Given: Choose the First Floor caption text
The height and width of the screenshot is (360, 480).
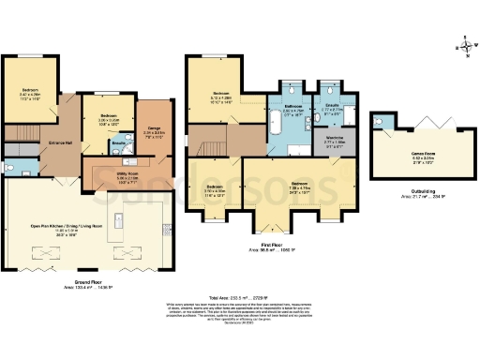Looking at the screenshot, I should pos(271,246).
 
